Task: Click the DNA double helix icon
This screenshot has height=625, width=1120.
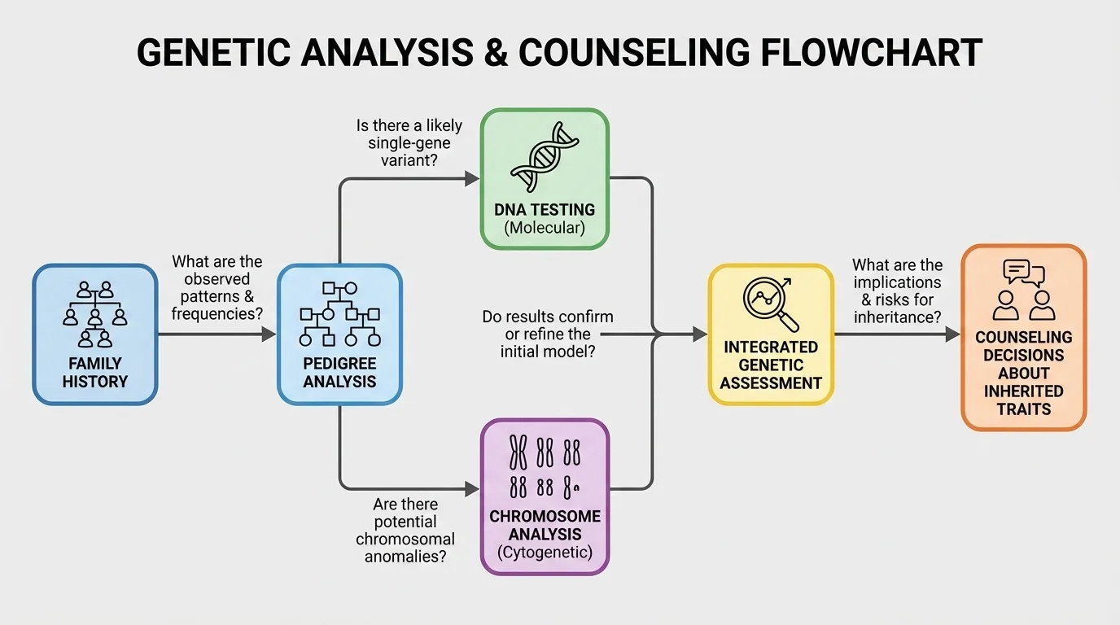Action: point(545,156)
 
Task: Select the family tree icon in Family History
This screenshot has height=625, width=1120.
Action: point(95,314)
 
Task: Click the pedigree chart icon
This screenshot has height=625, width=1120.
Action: point(339,313)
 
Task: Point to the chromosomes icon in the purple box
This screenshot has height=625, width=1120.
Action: point(545,465)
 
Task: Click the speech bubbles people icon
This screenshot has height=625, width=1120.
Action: point(1023,290)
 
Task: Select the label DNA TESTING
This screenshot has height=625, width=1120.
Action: point(545,210)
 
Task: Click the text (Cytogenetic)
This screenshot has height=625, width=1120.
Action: point(545,553)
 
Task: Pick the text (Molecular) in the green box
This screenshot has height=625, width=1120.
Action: point(545,228)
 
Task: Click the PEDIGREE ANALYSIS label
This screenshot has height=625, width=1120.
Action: point(339,372)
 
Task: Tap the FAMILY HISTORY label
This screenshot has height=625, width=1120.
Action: point(95,372)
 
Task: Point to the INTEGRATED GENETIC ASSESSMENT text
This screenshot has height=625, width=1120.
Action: point(771,365)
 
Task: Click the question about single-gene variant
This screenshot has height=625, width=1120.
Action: point(409,143)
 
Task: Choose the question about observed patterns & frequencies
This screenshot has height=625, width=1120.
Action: point(217,286)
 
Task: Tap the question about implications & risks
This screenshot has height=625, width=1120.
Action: point(897,291)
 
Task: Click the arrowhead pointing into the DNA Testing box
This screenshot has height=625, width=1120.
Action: point(472,178)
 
